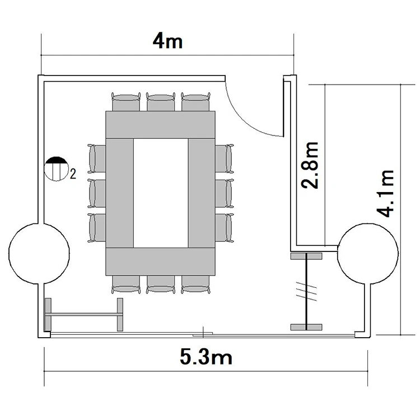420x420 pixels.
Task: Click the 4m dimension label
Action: click(167, 42)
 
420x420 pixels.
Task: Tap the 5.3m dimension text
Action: click(206, 357)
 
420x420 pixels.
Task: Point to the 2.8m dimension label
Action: click(310, 165)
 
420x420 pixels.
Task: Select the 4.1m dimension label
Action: click(386, 193)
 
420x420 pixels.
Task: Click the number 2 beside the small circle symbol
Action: click(73, 174)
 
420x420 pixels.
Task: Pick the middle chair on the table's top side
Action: click(161, 102)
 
